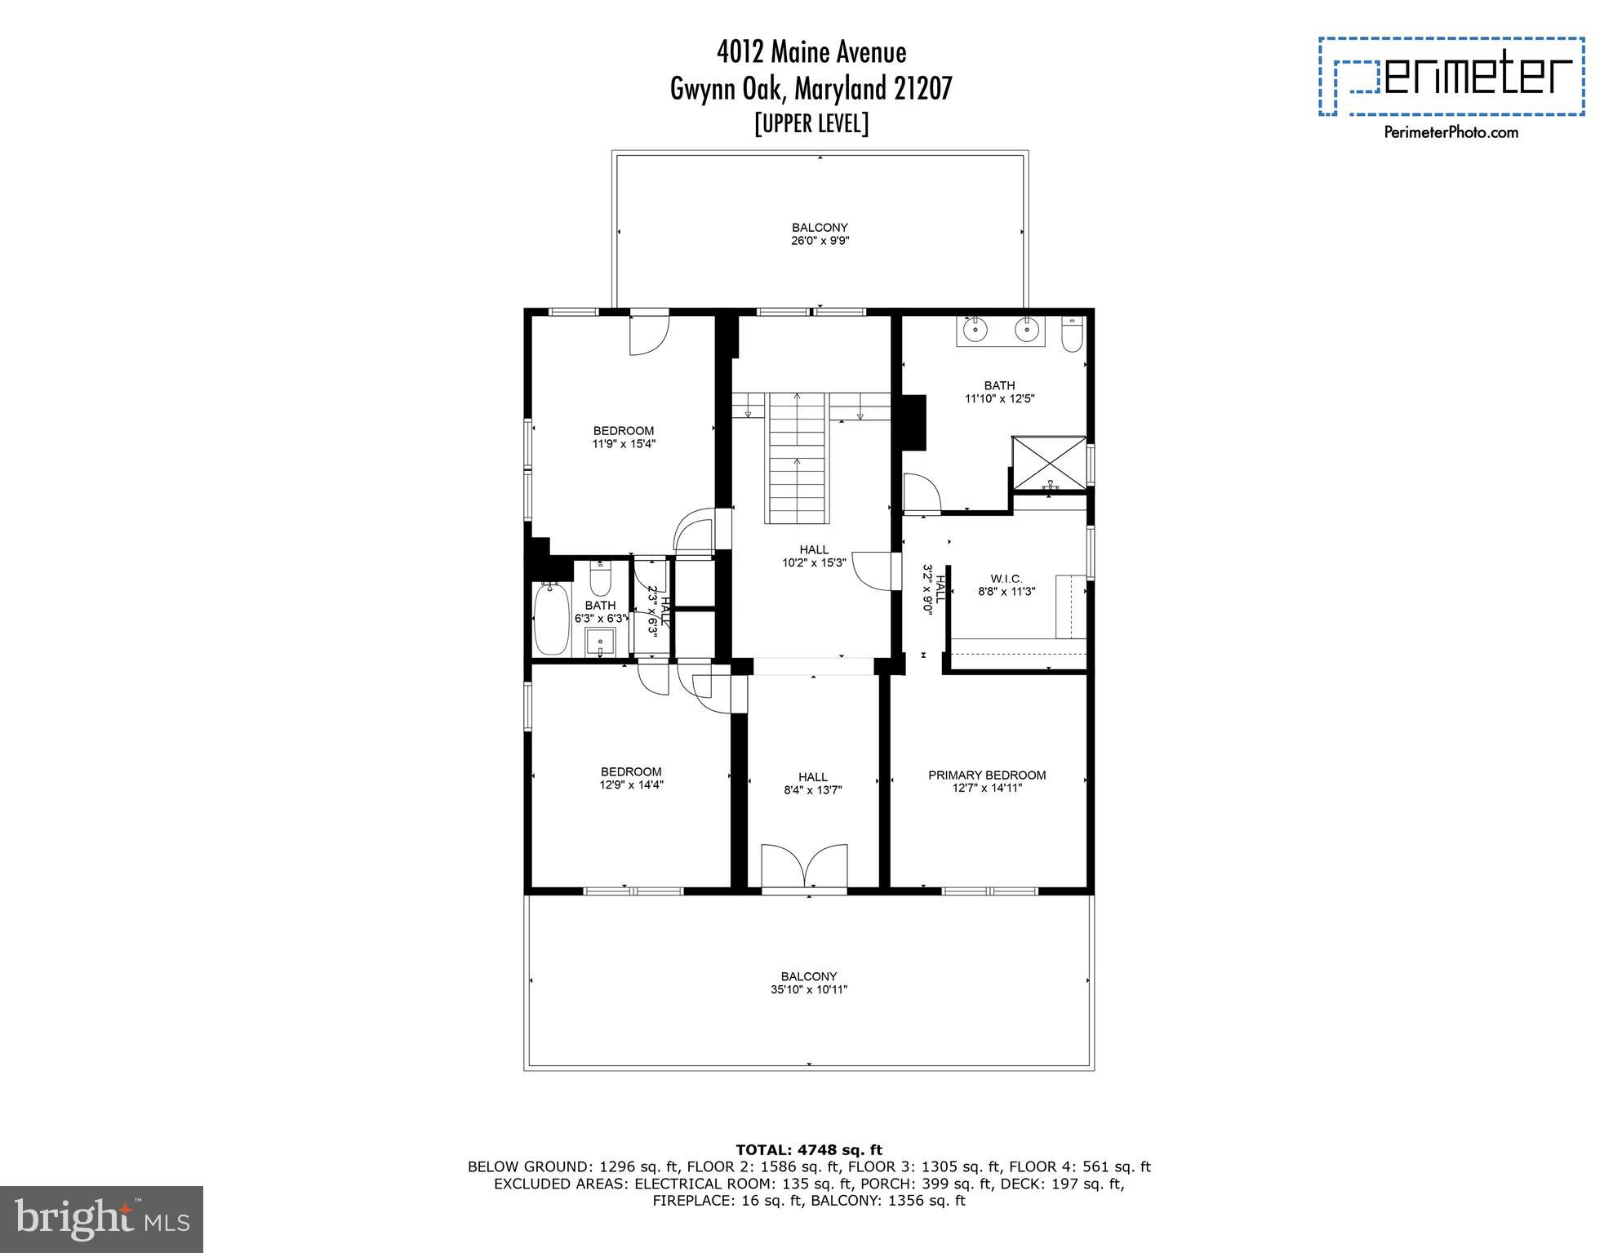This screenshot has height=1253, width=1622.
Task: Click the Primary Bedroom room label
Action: pyautogui.click(x=987, y=775)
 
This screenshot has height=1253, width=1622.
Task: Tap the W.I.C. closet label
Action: pyautogui.click(x=1006, y=579)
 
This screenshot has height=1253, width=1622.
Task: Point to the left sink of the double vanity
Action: pyautogui.click(x=975, y=331)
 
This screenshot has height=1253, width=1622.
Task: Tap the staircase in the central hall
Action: pyautogui.click(x=798, y=457)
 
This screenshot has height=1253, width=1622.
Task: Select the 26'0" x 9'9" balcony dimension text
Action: pyautogui.click(x=820, y=241)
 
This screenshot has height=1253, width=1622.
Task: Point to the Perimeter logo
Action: pyautogui.click(x=1451, y=77)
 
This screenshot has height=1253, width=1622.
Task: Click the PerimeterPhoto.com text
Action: pyautogui.click(x=1451, y=132)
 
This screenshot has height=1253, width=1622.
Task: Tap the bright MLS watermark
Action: pyautogui.click(x=101, y=1219)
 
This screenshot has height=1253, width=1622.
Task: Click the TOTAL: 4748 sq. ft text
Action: pyautogui.click(x=809, y=1150)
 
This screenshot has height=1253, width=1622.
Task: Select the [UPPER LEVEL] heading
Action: pyautogui.click(x=811, y=124)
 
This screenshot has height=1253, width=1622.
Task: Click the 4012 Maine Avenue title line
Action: pyautogui.click(x=811, y=52)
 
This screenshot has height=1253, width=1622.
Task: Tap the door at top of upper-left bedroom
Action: pyautogui.click(x=649, y=333)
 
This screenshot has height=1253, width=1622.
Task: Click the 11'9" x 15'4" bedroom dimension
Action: pyautogui.click(x=624, y=444)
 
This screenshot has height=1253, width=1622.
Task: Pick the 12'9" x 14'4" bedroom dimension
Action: pyautogui.click(x=631, y=784)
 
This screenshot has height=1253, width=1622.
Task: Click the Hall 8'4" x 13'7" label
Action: pyautogui.click(x=812, y=783)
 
